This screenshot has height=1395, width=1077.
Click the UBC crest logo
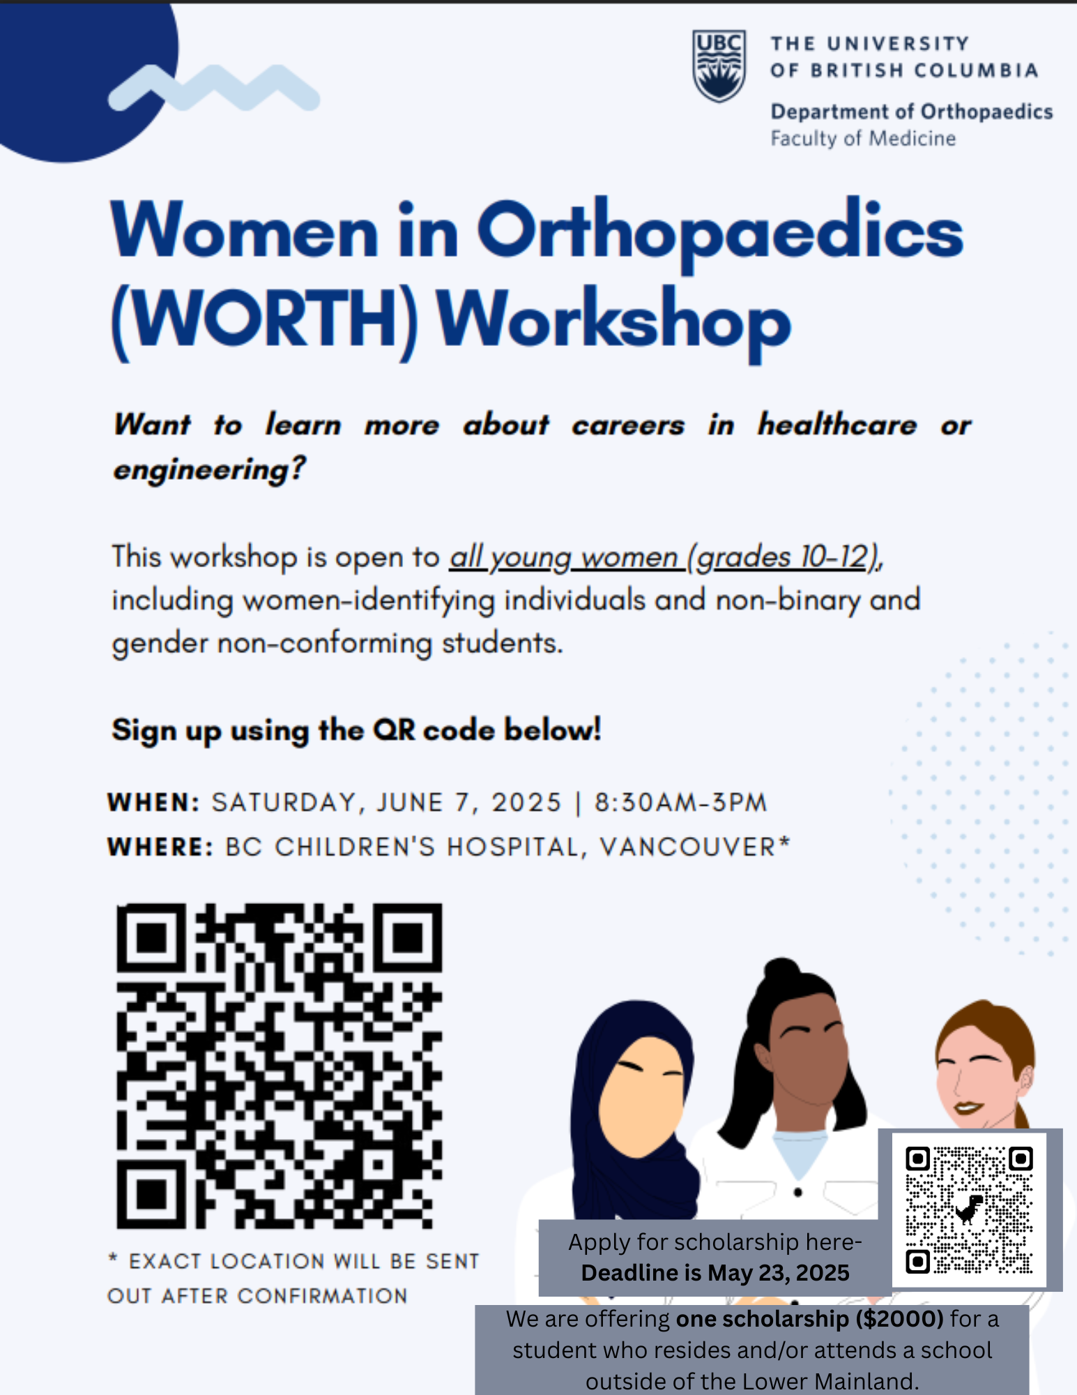click(x=719, y=66)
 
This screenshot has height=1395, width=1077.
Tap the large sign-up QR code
click(x=279, y=1065)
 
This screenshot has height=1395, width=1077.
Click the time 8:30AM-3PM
click(x=680, y=802)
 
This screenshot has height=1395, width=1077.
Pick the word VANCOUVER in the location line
click(x=687, y=847)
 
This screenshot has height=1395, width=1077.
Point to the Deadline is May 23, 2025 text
click(x=715, y=1273)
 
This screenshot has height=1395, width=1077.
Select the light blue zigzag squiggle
click(x=214, y=88)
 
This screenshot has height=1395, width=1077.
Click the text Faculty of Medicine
click(x=863, y=138)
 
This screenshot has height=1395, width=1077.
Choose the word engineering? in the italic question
click(x=210, y=469)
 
